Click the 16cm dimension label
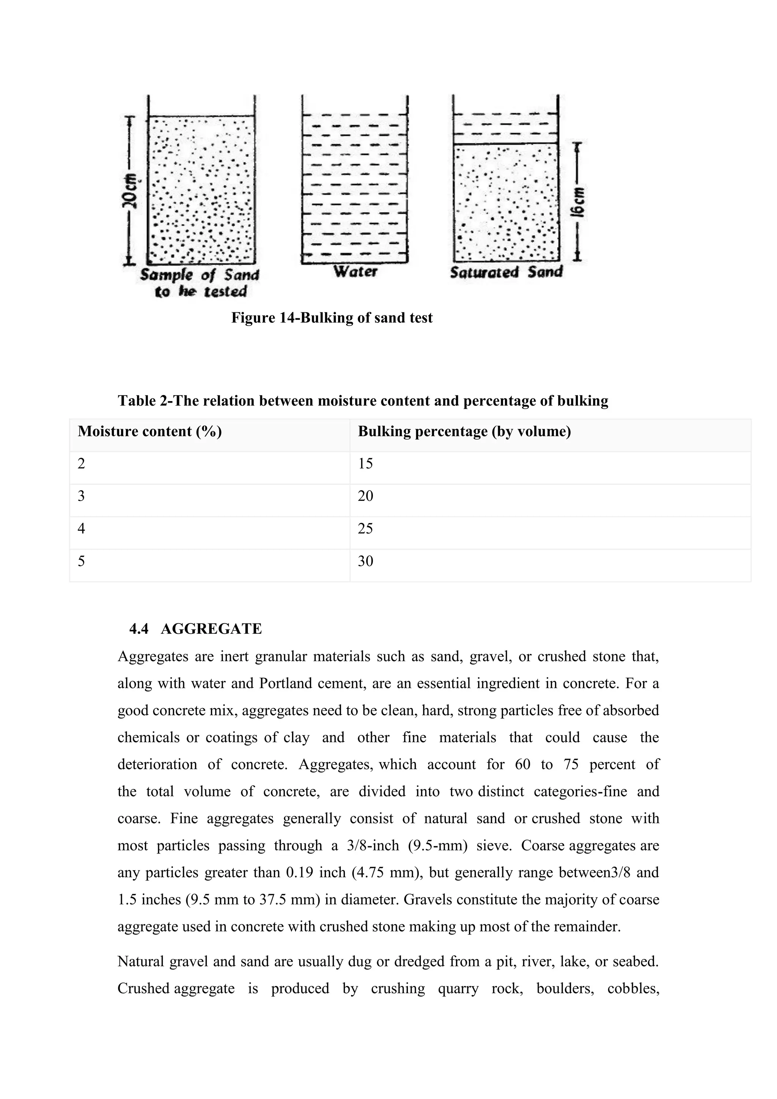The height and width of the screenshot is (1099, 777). [x=579, y=202]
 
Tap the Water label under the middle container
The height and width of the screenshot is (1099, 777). [x=355, y=271]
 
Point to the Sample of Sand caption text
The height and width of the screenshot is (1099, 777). [x=200, y=283]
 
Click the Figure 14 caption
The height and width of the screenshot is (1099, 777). [x=332, y=318]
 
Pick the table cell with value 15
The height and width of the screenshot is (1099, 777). [x=365, y=463]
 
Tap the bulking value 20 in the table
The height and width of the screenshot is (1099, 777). [x=365, y=496]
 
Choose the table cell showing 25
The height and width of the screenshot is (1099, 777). [x=365, y=529]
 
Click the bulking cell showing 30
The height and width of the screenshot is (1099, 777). [x=365, y=561]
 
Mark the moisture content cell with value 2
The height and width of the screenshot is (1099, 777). [x=81, y=463]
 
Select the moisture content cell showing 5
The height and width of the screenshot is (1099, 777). [x=81, y=561]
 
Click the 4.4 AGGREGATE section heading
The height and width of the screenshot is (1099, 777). [x=196, y=628]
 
